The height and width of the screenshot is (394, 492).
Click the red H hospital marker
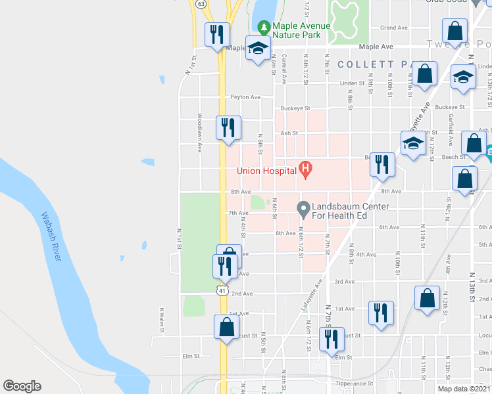click(305, 171)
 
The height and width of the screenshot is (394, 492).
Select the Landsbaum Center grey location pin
click(303, 210)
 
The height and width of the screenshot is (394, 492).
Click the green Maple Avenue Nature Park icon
click(264, 28)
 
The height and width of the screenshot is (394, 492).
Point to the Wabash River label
click(51, 236)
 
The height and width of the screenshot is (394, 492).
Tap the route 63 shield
click(200, 3)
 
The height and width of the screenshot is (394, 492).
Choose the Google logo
click(22, 386)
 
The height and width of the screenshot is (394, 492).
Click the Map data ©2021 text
click(463, 389)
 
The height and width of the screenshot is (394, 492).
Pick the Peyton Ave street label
click(245, 97)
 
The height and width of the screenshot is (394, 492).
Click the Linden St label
click(352, 83)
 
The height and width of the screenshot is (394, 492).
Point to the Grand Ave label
click(394, 28)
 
